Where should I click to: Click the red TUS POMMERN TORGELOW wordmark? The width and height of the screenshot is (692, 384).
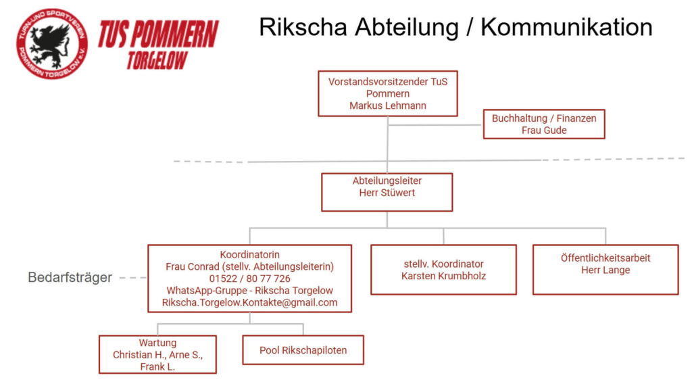tap(158, 44)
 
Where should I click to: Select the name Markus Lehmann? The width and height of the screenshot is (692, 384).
tap(388, 105)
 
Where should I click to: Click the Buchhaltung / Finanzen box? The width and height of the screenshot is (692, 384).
tap(544, 124)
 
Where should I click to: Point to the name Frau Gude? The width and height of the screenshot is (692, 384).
tap(544, 130)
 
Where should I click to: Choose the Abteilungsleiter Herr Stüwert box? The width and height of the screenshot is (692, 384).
tap(387, 192)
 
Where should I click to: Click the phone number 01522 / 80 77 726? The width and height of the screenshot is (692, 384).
tap(249, 279)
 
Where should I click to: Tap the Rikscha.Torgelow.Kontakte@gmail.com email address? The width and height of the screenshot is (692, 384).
tap(249, 302)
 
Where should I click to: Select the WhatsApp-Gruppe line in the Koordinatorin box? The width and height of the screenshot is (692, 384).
tap(249, 291)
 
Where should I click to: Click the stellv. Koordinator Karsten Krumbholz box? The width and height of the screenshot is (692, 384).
tap(443, 270)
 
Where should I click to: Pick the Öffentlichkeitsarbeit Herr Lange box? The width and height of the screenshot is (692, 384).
tap(605, 270)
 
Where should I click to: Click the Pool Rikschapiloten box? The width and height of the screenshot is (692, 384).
tap(303, 350)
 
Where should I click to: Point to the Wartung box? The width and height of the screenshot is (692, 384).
tap(157, 354)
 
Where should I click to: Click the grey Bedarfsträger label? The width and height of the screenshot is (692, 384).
tap(70, 278)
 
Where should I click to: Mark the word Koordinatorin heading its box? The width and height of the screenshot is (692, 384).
tap(249, 255)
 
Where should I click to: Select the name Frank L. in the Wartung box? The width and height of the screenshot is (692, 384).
tap(157, 366)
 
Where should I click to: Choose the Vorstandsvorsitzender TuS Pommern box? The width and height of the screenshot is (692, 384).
tap(388, 93)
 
